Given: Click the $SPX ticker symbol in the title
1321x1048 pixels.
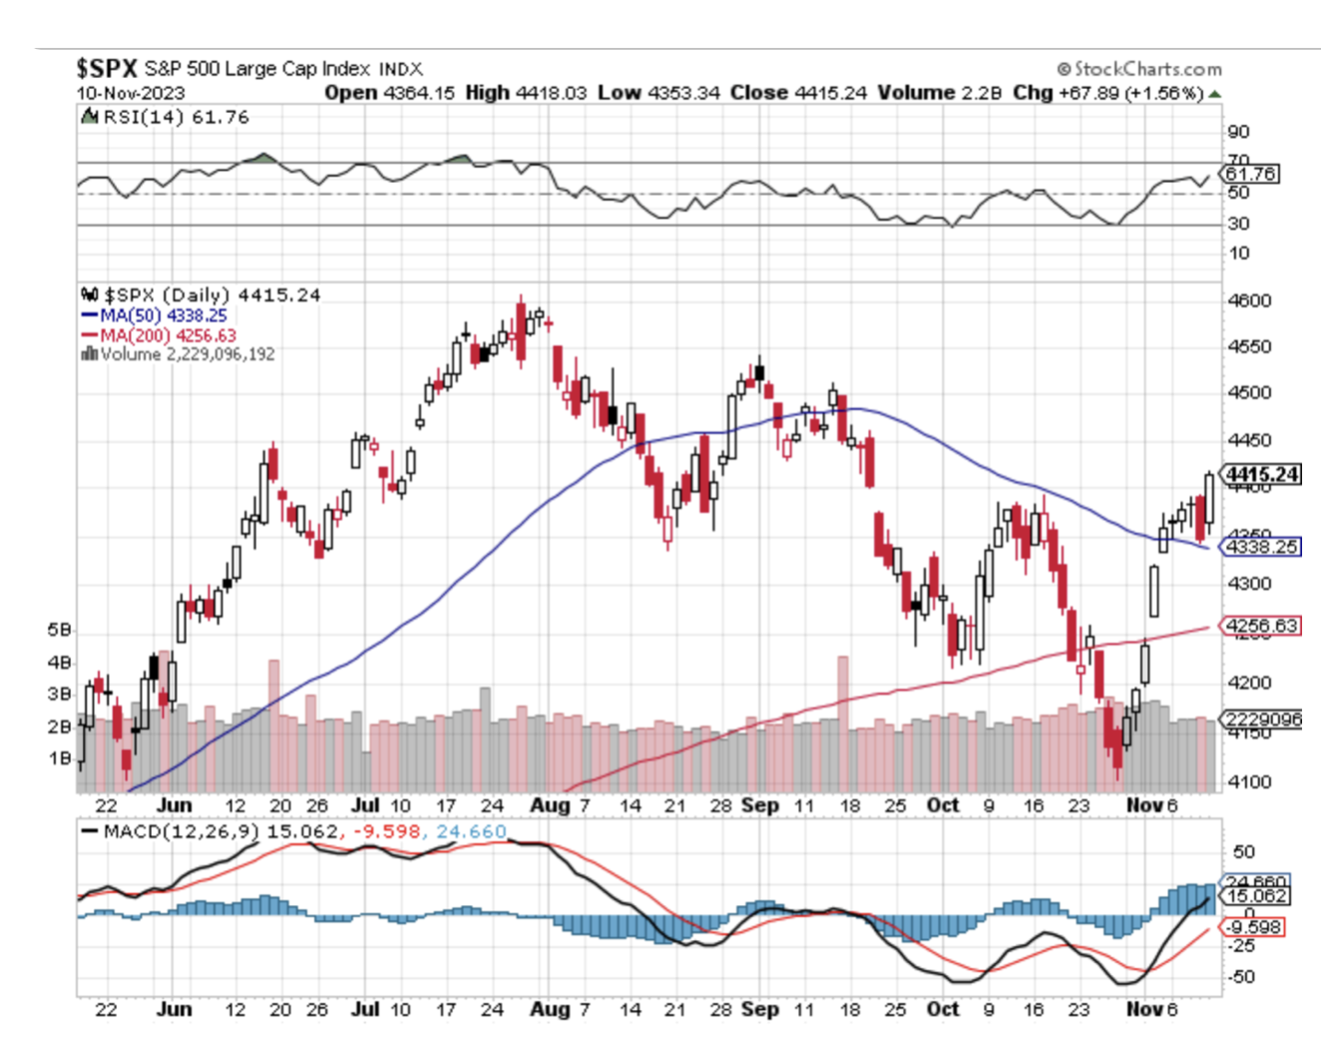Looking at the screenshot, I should [x=106, y=69].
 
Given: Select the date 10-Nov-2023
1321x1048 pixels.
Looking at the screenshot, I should [x=131, y=93].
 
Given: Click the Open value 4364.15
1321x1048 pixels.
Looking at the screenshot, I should [x=418, y=93].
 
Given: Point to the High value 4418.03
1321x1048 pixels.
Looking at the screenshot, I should [x=551, y=93].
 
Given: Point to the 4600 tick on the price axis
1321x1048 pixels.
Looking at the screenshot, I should [x=1249, y=300].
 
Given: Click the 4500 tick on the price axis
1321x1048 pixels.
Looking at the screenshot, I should [x=1249, y=392].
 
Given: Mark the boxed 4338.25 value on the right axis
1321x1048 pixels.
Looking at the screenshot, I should [x=1261, y=547].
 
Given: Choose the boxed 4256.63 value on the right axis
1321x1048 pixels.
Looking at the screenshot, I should [x=1261, y=626].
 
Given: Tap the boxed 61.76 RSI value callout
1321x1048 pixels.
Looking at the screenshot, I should [x=1250, y=174].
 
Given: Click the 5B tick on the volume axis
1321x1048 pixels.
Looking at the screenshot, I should [x=59, y=630].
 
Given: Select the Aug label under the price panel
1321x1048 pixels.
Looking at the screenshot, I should [x=550, y=805].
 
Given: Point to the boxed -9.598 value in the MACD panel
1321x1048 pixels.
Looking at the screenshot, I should [x=1254, y=927].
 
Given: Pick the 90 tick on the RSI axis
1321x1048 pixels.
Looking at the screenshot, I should [x=1238, y=132].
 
